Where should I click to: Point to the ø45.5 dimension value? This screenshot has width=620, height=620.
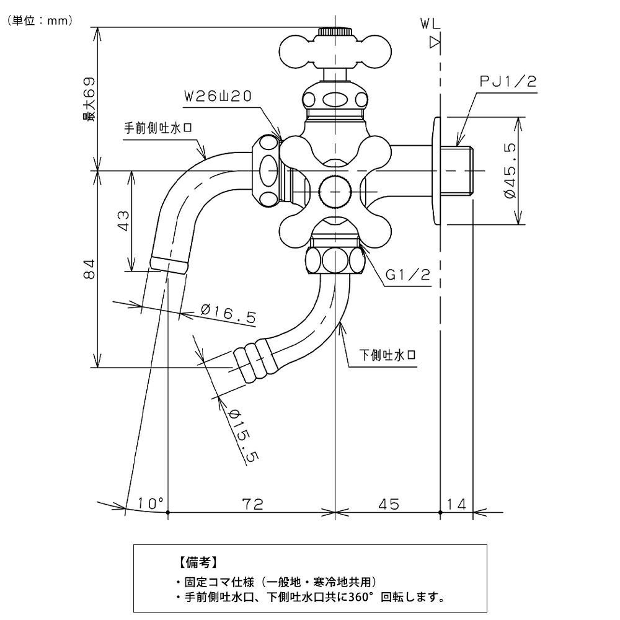[x=510, y=170]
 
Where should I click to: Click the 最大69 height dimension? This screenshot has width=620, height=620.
[x=91, y=99]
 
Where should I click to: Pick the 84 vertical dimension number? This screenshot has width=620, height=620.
[x=89, y=269]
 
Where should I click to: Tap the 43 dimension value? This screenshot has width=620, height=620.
[x=123, y=221]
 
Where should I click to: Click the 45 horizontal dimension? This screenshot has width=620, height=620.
[x=387, y=503]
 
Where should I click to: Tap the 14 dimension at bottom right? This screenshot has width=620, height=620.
[x=457, y=503]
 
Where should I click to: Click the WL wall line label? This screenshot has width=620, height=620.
[x=430, y=24]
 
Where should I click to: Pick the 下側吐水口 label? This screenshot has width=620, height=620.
[x=387, y=355]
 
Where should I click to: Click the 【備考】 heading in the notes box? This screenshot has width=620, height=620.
[x=197, y=562]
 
